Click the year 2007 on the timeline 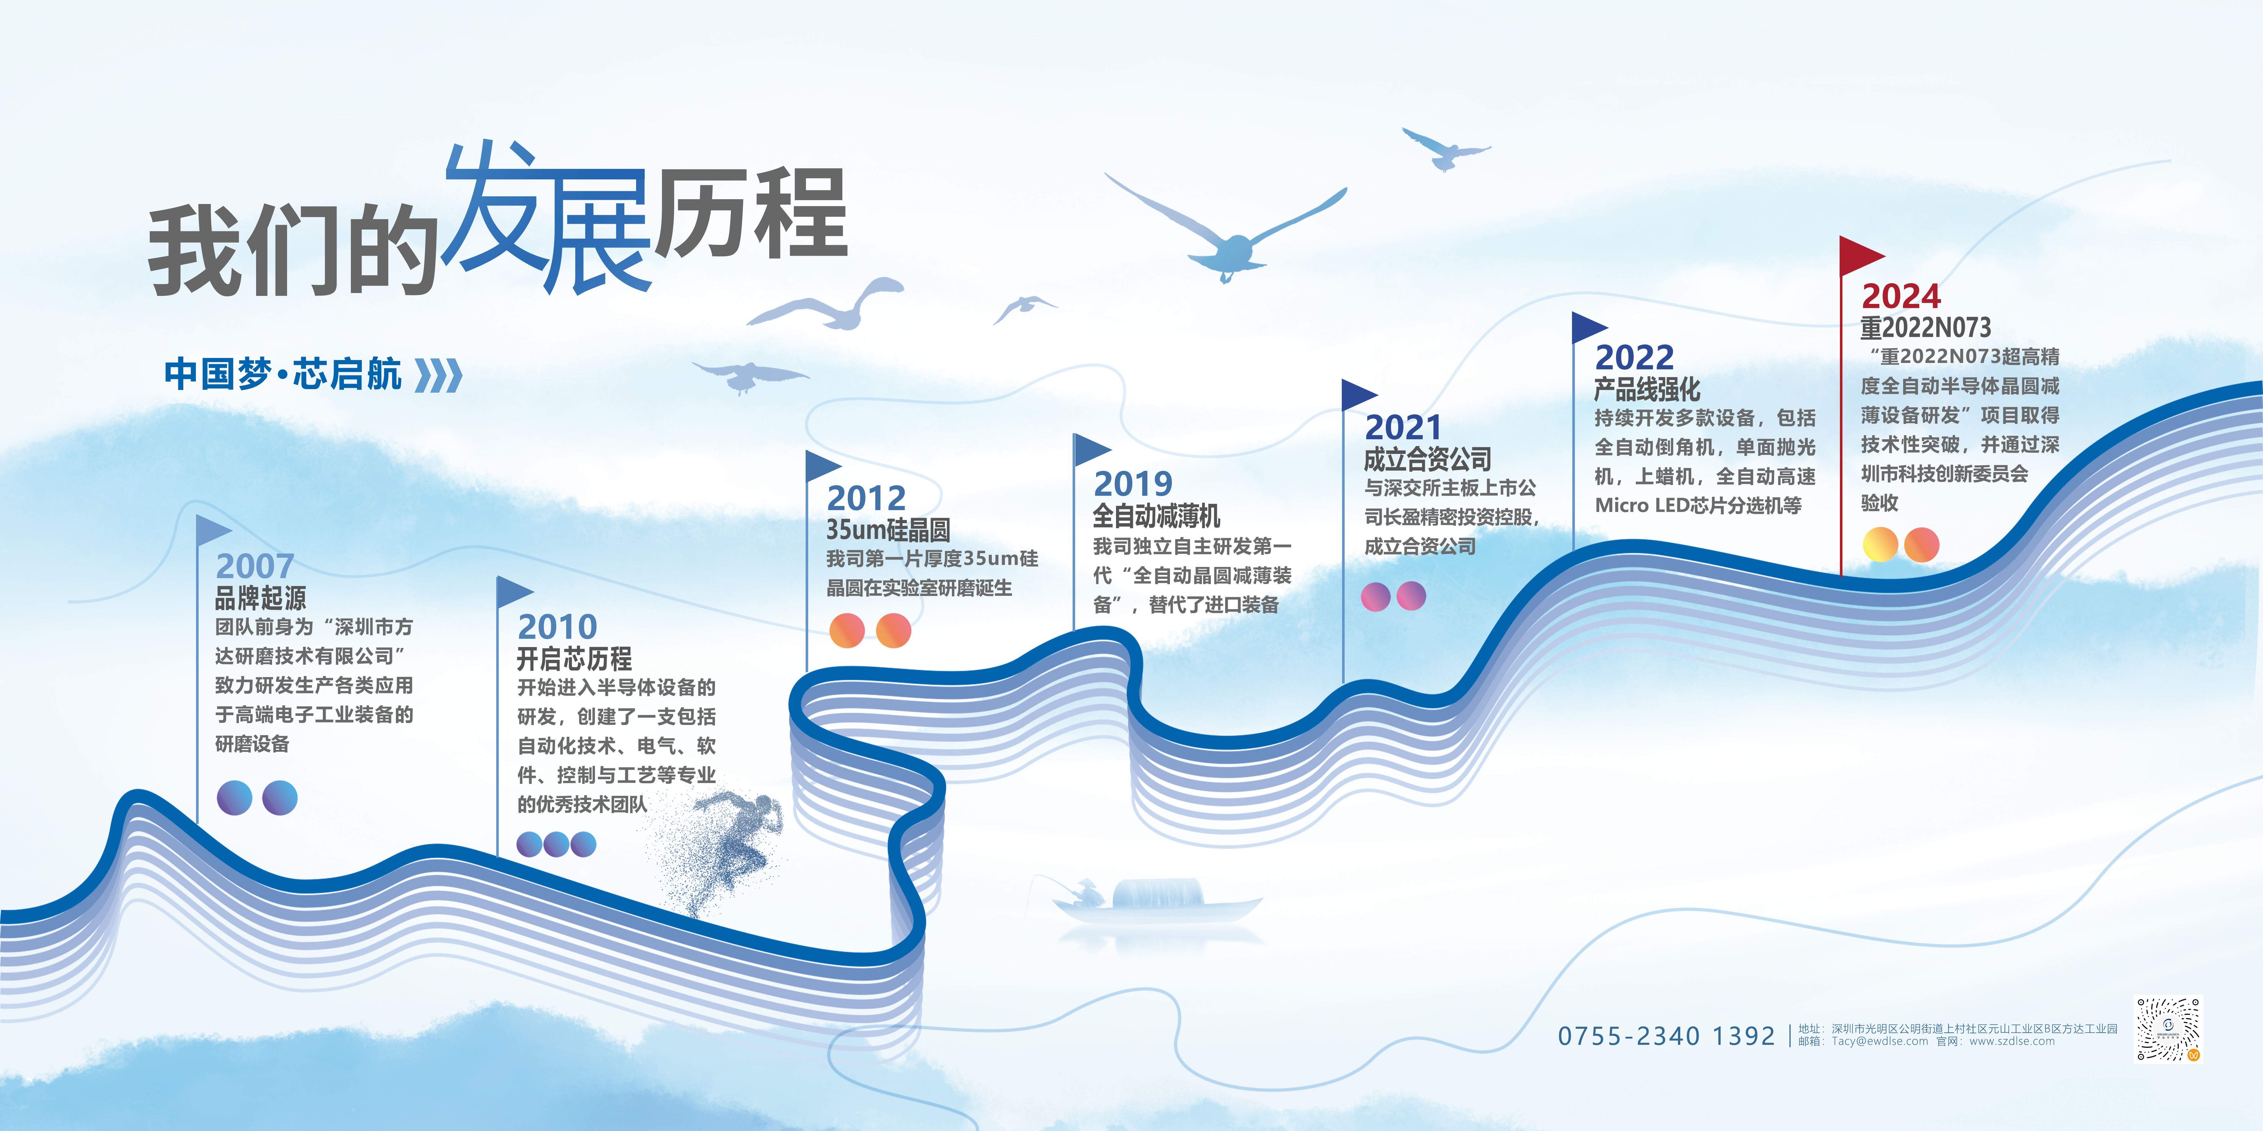pyautogui.click(x=255, y=566)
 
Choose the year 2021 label pyautogui.click(x=1403, y=428)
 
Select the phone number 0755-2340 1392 pyautogui.click(x=1667, y=1036)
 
